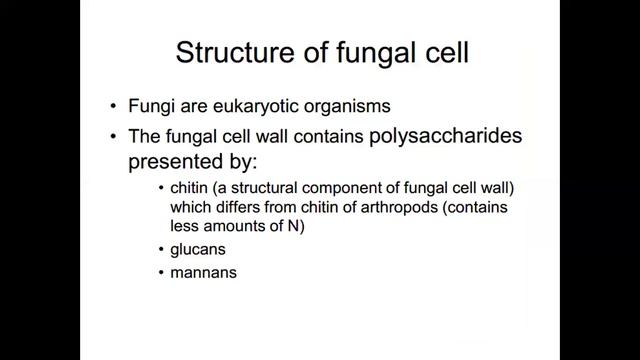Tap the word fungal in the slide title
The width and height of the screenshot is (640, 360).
point(365,54)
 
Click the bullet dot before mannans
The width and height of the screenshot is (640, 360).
point(164,271)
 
